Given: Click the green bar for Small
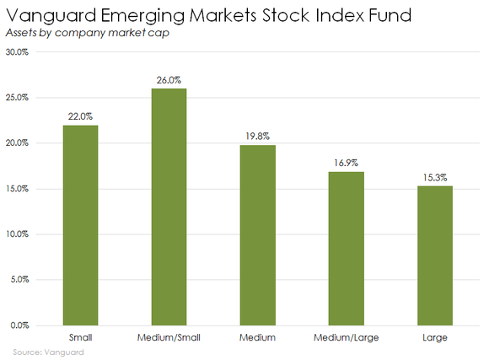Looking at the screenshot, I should (x=80, y=224).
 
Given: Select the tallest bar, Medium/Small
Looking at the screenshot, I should (x=169, y=207).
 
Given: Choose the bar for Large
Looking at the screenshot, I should (x=435, y=255).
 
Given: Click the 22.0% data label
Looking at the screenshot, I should (x=80, y=116).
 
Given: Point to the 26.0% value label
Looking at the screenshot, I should (x=169, y=80).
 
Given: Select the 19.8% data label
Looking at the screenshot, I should (x=257, y=137).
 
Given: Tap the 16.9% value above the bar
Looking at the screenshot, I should (x=346, y=163).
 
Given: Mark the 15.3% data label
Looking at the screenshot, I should (x=435, y=177).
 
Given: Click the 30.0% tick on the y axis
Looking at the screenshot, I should (x=17, y=52).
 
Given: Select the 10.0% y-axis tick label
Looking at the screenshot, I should (x=17, y=234).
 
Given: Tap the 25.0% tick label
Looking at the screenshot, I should (x=17, y=98).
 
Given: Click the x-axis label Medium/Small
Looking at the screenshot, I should (x=169, y=337).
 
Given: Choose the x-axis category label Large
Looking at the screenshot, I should (x=435, y=337).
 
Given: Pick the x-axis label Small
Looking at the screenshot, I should (x=80, y=337).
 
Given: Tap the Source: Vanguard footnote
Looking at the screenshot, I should (x=48, y=352).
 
